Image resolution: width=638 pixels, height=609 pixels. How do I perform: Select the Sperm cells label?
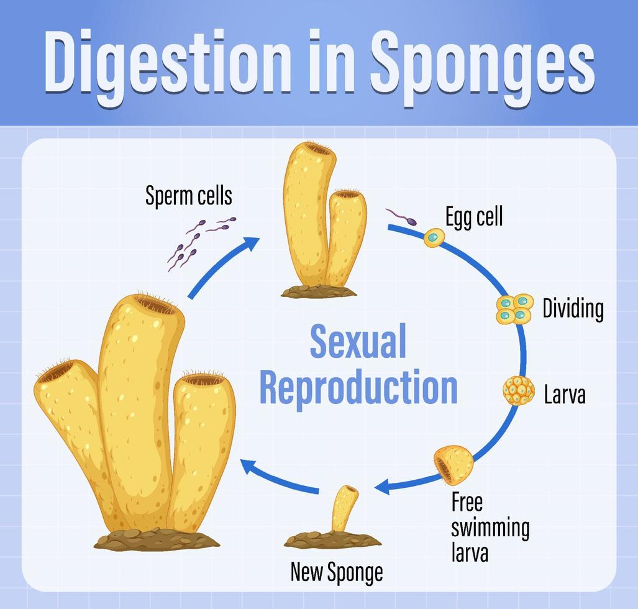click(188, 196)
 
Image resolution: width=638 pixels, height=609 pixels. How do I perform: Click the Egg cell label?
click(473, 217)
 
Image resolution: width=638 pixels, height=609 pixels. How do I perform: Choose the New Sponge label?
click(336, 571)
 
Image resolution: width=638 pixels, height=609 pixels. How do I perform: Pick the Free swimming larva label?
click(490, 526)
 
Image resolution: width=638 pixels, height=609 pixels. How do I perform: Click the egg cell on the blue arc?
click(434, 237)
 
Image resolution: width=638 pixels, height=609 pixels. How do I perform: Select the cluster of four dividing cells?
click(514, 309)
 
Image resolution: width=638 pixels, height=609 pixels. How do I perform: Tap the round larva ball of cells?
click(518, 391)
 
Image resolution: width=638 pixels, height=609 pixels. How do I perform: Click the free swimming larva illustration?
click(453, 465)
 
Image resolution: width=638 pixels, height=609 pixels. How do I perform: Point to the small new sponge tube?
click(344, 508)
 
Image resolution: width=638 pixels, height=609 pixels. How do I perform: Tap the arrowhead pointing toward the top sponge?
click(252, 243)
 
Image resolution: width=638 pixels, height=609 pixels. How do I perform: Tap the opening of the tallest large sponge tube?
click(155, 304)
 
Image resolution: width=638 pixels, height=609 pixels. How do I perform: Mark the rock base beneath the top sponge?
click(319, 291)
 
